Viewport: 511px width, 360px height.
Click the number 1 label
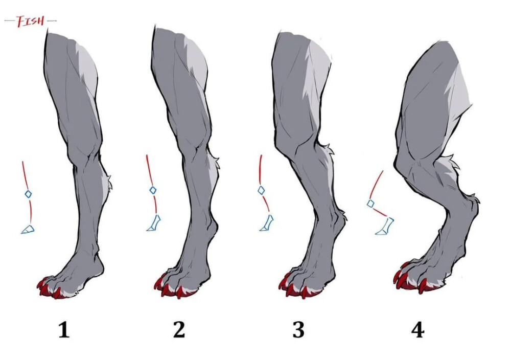tap(63, 330)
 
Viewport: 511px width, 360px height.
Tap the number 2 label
tap(178, 330)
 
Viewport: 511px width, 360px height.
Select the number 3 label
tap(298, 330)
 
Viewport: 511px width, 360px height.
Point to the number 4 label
tap(417, 330)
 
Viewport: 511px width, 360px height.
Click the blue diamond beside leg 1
tap(29, 194)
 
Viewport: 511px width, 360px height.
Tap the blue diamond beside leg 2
tap(152, 190)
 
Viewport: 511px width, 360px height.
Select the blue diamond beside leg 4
tap(370, 204)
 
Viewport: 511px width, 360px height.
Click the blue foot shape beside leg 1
tap(28, 229)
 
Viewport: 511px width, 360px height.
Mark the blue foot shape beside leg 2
tap(154, 224)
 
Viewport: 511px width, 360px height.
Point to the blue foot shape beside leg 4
tap(385, 227)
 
